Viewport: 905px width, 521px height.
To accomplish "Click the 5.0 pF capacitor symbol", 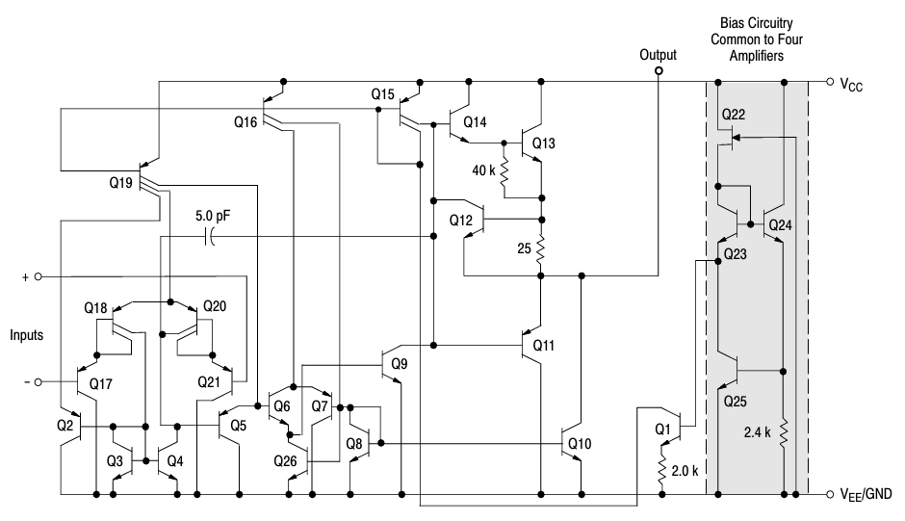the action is point(210,236).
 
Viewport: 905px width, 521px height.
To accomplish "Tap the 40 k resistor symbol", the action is point(504,171).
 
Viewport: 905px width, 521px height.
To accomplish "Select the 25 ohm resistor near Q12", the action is point(541,248).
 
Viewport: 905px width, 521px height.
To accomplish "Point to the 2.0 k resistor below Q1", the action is point(662,470).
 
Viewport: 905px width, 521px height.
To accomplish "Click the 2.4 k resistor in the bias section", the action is point(784,432).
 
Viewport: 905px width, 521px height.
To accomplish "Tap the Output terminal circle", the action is point(659,71).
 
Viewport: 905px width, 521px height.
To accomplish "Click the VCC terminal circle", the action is point(830,82).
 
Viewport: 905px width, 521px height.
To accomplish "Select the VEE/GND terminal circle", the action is point(830,494).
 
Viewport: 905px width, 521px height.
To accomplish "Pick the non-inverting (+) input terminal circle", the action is point(39,276).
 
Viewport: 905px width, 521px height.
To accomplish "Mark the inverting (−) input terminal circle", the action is point(39,381).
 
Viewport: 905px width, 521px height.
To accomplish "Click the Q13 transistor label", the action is point(543,143).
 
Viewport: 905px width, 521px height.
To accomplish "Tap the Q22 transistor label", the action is point(733,115).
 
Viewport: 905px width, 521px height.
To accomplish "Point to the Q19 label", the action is point(120,183).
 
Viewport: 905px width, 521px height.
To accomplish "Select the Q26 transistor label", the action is point(285,461).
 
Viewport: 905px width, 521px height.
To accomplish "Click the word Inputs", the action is point(27,335).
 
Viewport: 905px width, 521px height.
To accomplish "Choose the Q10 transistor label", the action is point(580,444).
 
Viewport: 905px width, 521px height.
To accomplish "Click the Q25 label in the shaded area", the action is point(735,402).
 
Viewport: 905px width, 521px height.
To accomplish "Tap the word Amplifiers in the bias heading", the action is point(756,56).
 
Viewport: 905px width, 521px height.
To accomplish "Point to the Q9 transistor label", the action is point(399,364).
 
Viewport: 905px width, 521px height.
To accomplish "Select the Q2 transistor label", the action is point(65,426).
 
